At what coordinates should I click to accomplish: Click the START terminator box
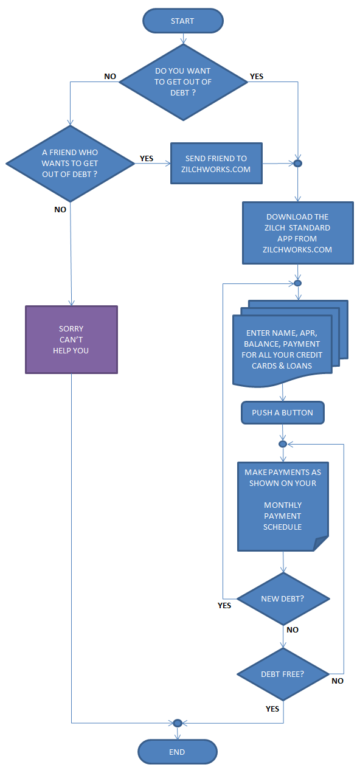coord(183,21)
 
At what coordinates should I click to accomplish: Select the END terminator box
coord(178,752)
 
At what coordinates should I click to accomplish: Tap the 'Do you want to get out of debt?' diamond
coord(183,82)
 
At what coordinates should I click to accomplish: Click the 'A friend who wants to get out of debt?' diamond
coord(70,164)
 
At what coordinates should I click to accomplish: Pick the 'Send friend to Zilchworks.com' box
coord(216,163)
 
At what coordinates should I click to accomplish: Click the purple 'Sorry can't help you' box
coord(71,339)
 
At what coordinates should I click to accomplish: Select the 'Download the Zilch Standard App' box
coord(298,233)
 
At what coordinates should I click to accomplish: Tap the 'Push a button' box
coord(283,412)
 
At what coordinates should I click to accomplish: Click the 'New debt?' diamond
coord(283,598)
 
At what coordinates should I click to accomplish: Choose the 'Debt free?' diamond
coord(283,674)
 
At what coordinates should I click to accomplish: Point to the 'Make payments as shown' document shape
coord(283,506)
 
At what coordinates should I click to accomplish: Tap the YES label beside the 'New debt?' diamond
coord(224,606)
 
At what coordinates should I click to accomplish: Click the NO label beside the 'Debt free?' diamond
coord(337,681)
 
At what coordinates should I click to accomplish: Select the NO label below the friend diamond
coord(60,209)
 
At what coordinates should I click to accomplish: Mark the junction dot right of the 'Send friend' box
coord(298,163)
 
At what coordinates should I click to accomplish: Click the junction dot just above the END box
coord(178,723)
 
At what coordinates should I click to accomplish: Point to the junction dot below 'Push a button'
coord(283,444)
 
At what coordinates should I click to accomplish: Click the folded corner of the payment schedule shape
coord(321,544)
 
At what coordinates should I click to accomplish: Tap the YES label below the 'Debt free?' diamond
coord(272,709)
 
